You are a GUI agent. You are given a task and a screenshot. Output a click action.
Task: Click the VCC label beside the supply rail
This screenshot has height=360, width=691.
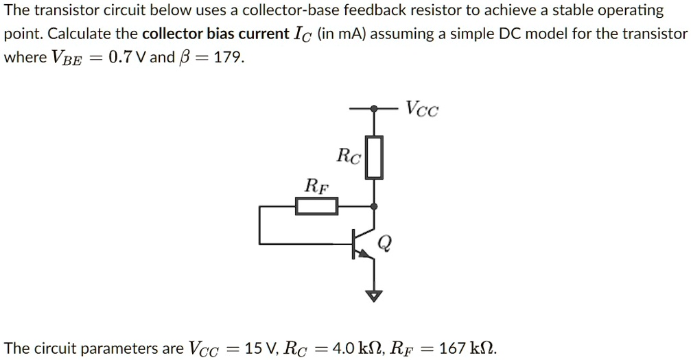(x=421, y=109)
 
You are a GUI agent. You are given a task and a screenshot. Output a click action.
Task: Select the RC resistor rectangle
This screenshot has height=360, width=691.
(x=373, y=158)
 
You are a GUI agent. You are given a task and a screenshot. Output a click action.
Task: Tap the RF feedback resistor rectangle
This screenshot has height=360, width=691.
(x=316, y=206)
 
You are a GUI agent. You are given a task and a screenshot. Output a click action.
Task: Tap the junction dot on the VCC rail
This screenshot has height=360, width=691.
(x=373, y=108)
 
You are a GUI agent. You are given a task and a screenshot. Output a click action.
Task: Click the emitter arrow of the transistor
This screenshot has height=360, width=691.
(x=366, y=253)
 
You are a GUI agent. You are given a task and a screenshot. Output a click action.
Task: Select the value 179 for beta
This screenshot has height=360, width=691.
(x=229, y=57)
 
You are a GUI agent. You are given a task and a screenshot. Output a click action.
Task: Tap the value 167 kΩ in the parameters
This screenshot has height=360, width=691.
(x=467, y=348)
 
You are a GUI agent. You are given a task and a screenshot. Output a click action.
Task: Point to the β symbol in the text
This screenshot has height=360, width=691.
(x=183, y=58)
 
